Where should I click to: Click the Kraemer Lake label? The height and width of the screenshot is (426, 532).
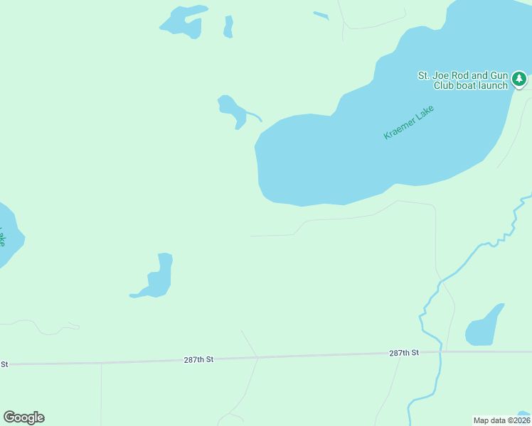(x=408, y=122)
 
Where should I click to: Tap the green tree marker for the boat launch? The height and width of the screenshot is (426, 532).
(x=520, y=78)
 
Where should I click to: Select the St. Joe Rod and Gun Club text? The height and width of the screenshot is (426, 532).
(x=462, y=80)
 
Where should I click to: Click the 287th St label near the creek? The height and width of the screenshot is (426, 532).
(x=404, y=353)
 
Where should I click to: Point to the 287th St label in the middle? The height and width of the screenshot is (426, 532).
(x=198, y=360)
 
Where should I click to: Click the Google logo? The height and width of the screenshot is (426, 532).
(x=23, y=417)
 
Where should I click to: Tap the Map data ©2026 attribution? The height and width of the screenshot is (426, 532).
(x=501, y=420)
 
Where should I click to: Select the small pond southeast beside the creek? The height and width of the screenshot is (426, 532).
(x=484, y=327)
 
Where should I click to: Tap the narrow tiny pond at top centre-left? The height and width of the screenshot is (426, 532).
(x=228, y=27)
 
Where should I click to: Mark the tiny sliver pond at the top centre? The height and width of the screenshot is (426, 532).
(x=321, y=15)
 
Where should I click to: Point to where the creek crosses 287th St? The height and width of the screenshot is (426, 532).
(x=441, y=351)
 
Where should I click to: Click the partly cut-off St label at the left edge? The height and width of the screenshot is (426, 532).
(x=4, y=364)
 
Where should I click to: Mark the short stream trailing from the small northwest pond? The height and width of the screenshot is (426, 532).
(x=255, y=116)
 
